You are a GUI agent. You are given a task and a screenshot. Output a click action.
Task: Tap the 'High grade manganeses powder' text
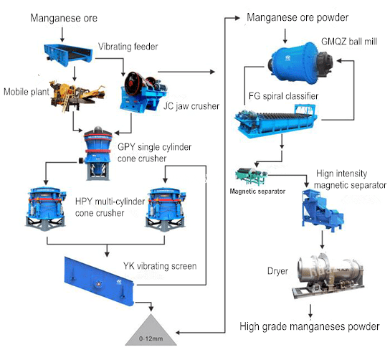tap(309, 328)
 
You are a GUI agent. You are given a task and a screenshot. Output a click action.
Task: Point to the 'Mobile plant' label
tap(24, 92)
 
